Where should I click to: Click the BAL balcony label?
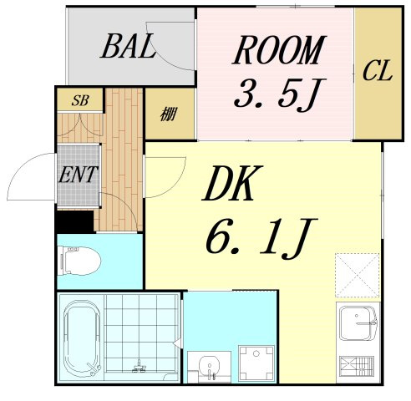pos(128,46)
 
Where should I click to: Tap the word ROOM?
pos(279,50)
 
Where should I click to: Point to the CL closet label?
pos(378,70)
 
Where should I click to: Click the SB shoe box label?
pos(80,100)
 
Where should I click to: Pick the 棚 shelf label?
pos(169,114)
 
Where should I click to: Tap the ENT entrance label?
pos(79,175)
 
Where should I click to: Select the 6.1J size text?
pos(261,239)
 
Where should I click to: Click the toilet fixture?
pos(79,261)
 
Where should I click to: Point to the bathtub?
pos(82,338)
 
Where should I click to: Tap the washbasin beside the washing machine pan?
pos(209,367)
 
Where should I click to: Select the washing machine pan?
pos(257,363)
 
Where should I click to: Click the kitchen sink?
pos(358,323)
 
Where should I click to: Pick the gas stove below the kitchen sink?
pos(358,366)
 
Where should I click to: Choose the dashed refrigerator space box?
pos(358,275)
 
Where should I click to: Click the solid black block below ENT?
pos(74,221)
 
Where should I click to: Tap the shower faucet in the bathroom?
pos(139,367)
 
